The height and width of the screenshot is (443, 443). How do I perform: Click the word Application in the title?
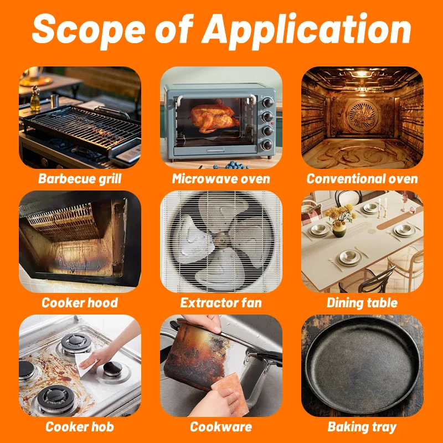[306, 30]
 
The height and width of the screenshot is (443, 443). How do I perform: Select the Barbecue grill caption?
[80, 179]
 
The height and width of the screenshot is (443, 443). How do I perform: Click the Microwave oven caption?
[221, 179]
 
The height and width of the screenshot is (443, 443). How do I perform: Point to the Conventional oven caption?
[362, 179]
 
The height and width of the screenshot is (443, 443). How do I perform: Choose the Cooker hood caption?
[80, 302]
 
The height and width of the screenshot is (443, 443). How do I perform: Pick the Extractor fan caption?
[221, 302]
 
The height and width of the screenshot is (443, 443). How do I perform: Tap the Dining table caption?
[362, 303]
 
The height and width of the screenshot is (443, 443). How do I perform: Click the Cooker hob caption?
[80, 426]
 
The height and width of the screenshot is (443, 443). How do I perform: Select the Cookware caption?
[221, 426]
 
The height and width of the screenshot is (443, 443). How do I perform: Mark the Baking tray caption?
[362, 427]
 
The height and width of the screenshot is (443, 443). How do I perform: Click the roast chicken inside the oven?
[214, 118]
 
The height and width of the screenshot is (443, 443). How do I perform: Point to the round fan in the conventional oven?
[363, 115]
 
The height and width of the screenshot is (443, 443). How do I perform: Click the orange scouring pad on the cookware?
[230, 394]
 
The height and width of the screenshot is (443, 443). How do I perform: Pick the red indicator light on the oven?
[272, 123]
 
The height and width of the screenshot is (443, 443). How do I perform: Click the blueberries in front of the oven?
[231, 165]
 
